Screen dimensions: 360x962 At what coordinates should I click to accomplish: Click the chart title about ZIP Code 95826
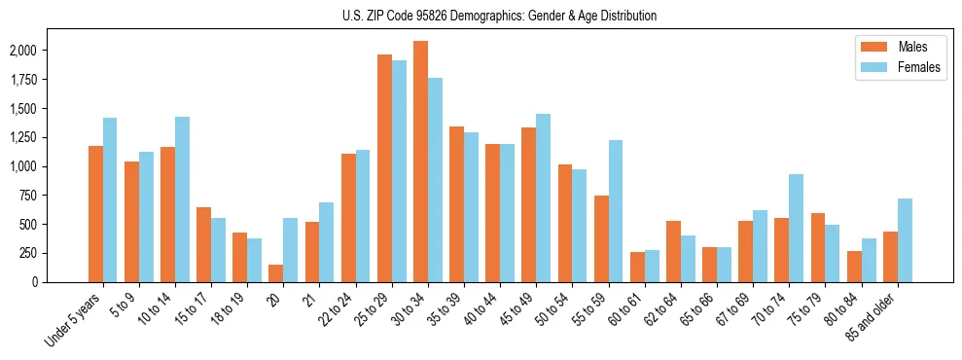(x=499, y=16)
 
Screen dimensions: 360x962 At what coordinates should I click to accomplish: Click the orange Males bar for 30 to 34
(x=420, y=162)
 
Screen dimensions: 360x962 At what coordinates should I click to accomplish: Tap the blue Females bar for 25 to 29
(x=399, y=171)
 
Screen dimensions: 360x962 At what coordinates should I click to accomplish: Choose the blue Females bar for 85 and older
(x=905, y=240)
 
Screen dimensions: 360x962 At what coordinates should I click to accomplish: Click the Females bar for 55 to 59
(x=616, y=211)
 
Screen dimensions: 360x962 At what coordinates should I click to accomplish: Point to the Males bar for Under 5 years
(x=95, y=214)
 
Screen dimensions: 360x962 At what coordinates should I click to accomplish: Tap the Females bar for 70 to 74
(x=796, y=228)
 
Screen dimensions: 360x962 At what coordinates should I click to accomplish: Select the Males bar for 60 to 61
(x=637, y=267)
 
